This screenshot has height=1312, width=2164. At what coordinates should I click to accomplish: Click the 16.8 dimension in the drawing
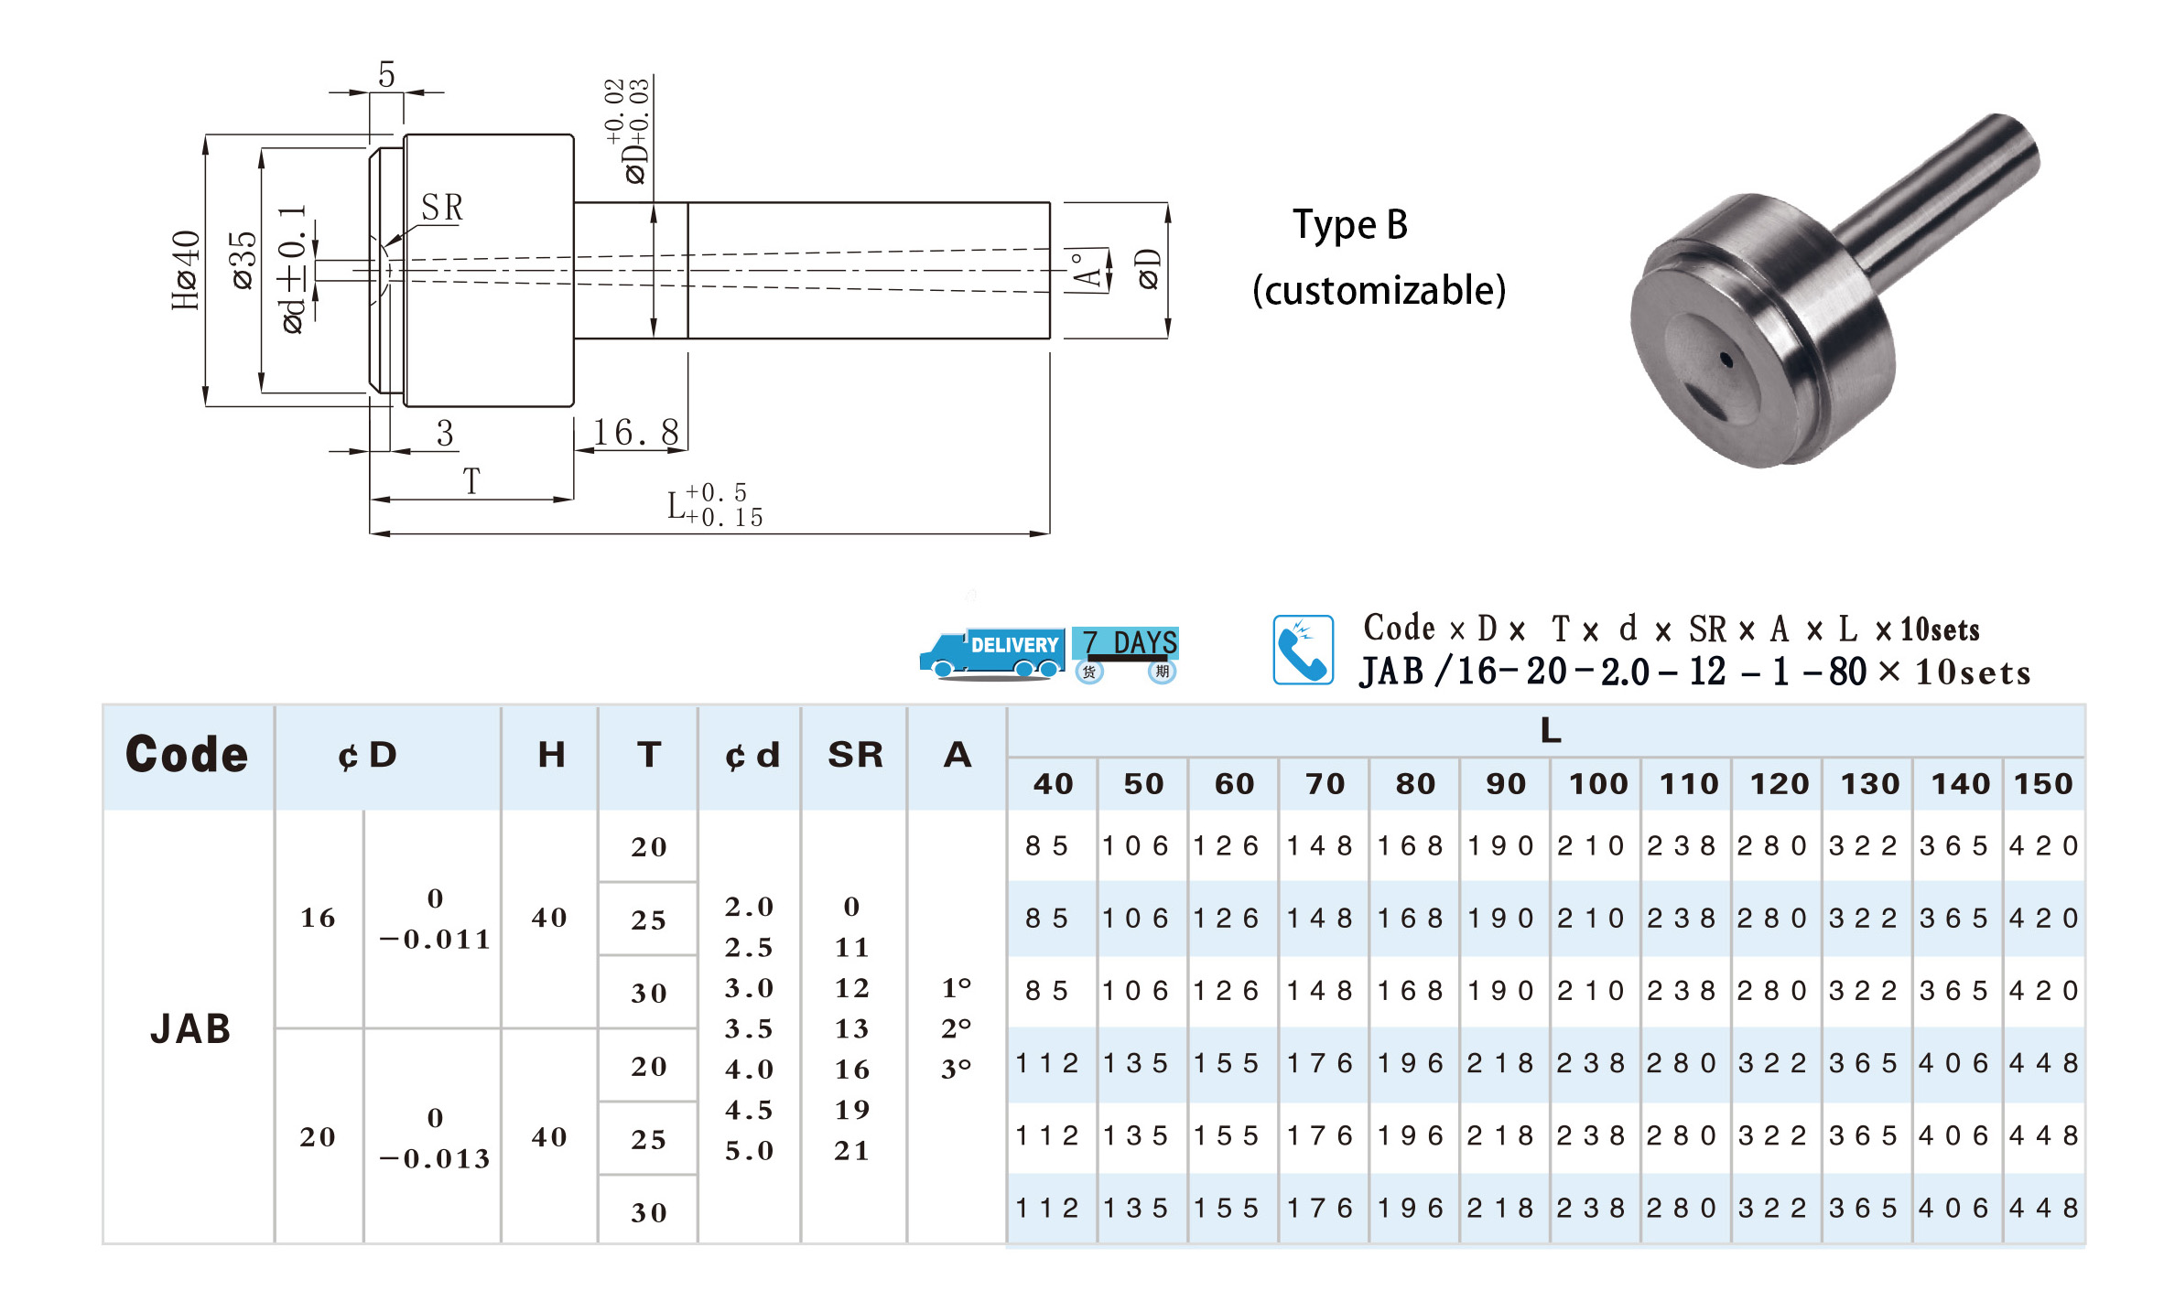(636, 432)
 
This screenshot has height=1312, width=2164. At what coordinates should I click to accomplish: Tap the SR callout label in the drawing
(442, 208)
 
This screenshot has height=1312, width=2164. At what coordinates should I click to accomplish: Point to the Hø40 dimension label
(186, 270)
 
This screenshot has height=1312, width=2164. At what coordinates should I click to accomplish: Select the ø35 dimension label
(243, 261)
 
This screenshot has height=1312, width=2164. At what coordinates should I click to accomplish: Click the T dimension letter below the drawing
(471, 481)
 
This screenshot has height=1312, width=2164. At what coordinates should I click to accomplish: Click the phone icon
(1303, 650)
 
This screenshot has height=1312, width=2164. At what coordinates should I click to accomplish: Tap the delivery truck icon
(991, 654)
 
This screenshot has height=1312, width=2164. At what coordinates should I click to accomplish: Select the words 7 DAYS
(1130, 642)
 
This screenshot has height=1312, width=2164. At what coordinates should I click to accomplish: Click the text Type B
(1350, 225)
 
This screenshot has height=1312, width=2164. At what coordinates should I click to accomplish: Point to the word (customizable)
(1379, 290)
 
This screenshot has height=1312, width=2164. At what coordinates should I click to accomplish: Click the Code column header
(187, 755)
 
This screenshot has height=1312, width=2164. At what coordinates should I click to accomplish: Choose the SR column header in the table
(855, 755)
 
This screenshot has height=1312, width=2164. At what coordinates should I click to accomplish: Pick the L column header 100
(1598, 784)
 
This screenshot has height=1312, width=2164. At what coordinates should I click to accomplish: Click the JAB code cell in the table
(190, 1028)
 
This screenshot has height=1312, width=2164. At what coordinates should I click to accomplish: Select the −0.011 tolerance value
(435, 940)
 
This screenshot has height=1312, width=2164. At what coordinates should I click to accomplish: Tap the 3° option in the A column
(957, 1069)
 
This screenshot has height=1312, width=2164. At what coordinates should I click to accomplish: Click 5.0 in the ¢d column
(749, 1151)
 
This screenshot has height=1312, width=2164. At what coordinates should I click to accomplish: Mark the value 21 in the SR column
(851, 1151)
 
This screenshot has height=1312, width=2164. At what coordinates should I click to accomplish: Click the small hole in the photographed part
(1726, 360)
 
